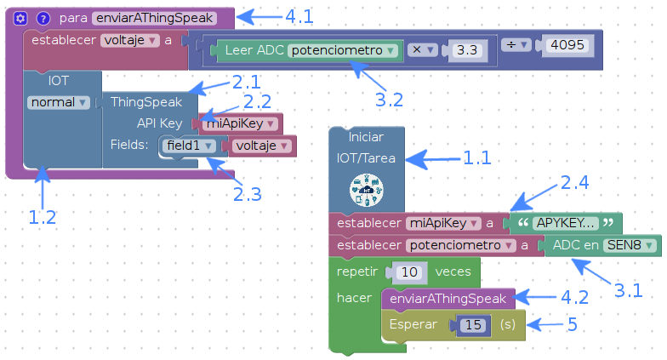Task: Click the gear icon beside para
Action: point(20,19)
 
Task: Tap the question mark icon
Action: point(43,19)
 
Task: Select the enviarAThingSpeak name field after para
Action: point(155,18)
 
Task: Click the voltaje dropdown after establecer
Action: point(130,41)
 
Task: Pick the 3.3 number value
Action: point(467,50)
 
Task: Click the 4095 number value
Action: point(567,44)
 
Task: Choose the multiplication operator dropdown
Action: point(423,49)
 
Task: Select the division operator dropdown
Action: point(516,44)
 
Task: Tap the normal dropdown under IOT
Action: point(59,102)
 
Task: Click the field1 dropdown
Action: point(189,146)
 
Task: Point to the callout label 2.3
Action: point(247,194)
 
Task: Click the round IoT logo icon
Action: point(366,190)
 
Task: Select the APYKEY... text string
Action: point(565,223)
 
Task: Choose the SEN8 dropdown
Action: point(630,245)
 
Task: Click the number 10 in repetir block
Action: point(409,272)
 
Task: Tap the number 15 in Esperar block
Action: point(473,325)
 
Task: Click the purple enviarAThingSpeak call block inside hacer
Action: point(448,299)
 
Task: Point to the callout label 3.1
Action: point(628,291)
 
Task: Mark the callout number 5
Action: point(573,325)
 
